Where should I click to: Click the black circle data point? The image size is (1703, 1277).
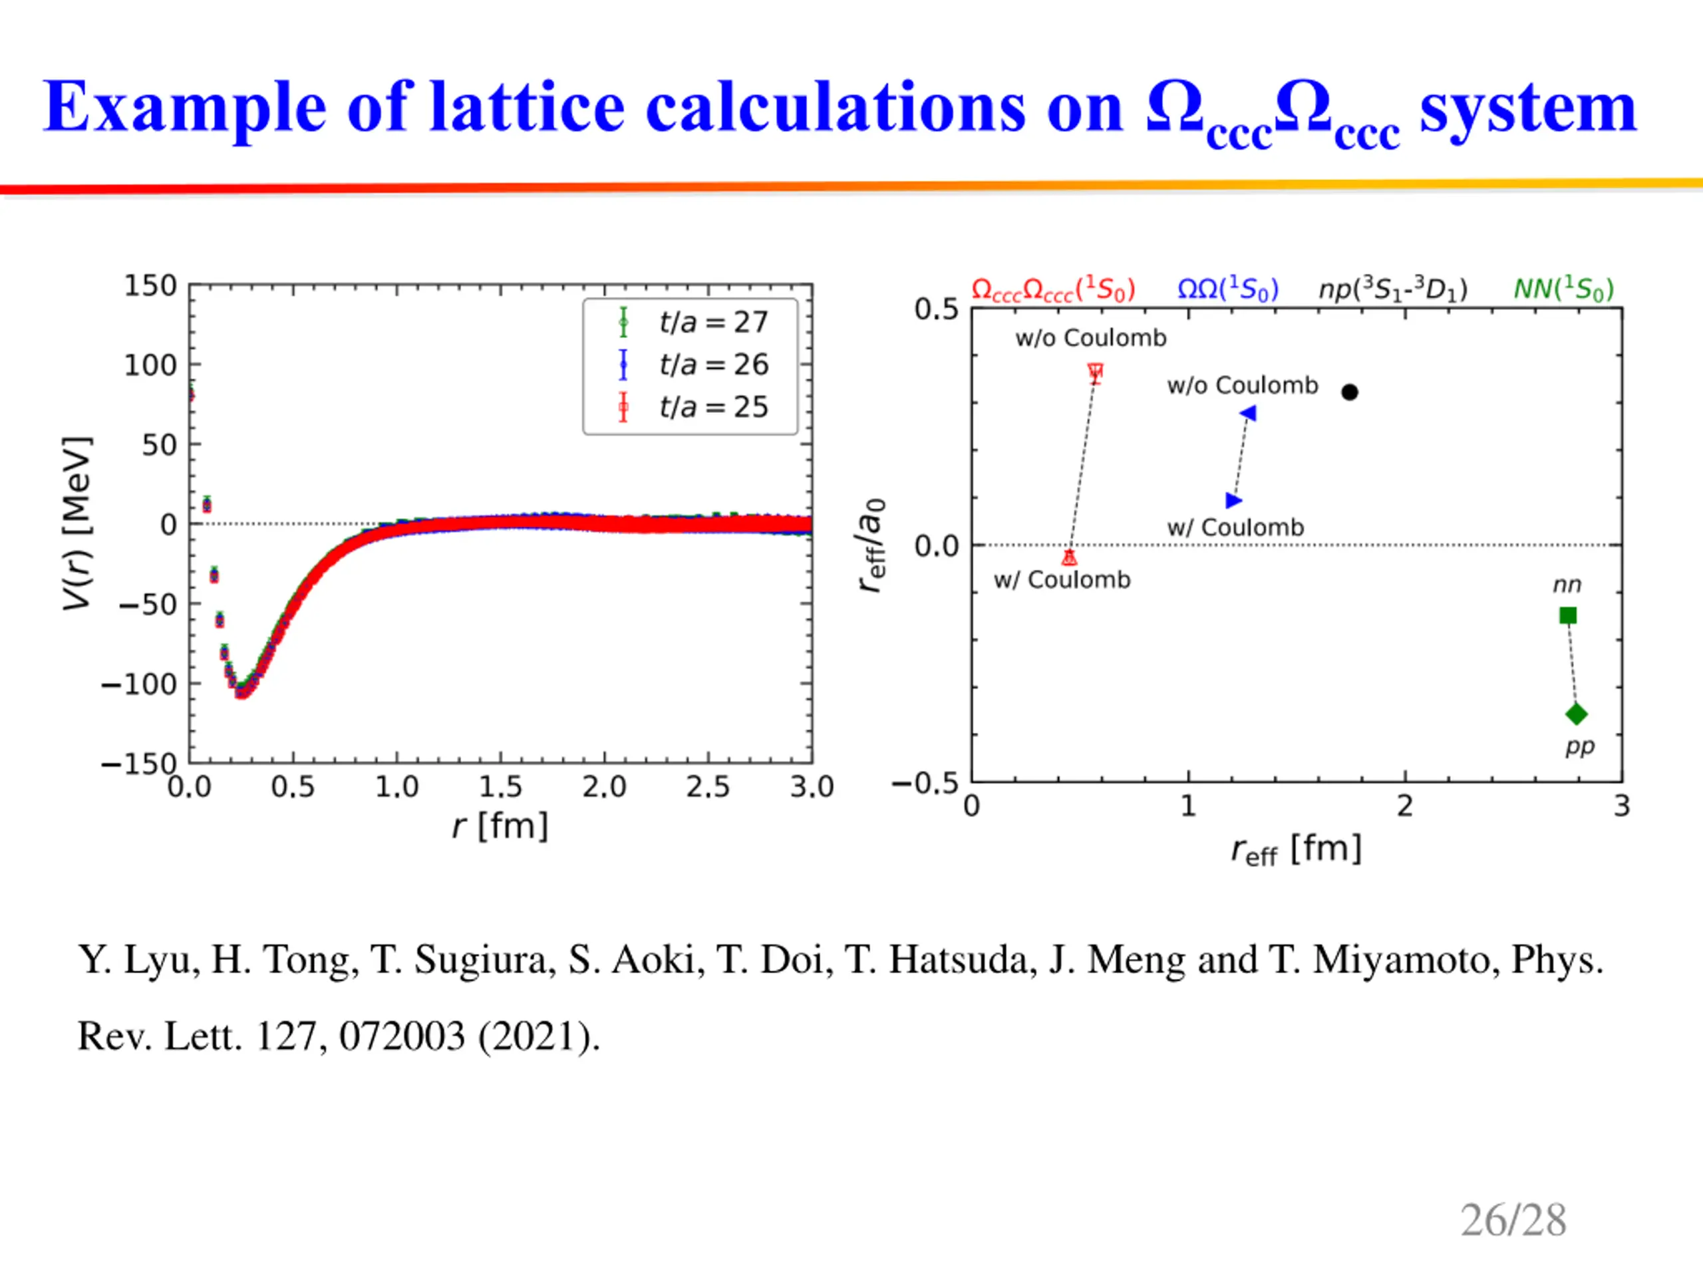(x=1350, y=392)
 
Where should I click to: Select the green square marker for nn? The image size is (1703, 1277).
(x=1567, y=615)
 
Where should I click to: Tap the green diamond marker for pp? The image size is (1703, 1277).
(x=1576, y=714)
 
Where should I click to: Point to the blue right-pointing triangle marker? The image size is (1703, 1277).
(x=1233, y=500)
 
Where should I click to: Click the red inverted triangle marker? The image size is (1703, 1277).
(x=1096, y=372)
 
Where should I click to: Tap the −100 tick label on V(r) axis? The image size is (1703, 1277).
(x=139, y=684)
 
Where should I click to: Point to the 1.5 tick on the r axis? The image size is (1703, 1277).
(x=500, y=787)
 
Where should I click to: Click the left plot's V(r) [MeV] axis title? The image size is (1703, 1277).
(x=77, y=523)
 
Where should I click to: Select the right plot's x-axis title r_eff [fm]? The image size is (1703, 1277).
(x=1296, y=850)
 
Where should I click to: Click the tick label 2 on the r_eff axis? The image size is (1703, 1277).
(x=1405, y=806)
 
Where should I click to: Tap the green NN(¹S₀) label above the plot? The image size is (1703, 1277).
(x=1563, y=289)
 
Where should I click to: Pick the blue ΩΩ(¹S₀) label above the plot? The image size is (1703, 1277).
(x=1228, y=289)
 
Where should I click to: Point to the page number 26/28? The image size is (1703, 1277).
(x=1513, y=1220)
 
